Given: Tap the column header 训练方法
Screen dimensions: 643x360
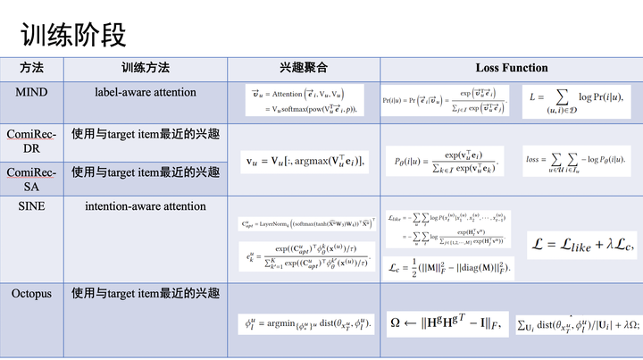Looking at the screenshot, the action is (146, 68).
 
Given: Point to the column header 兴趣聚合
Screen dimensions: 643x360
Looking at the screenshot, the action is (304, 68).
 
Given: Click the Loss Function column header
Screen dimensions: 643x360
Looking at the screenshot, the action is (511, 68).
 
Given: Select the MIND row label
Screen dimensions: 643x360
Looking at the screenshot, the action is (31, 91).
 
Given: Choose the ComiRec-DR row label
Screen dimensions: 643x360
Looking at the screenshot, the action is (31, 140).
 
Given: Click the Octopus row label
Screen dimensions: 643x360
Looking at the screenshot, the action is (32, 292).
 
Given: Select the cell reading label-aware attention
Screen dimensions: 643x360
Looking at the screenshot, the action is (146, 91).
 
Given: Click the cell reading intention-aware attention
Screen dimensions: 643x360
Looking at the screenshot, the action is (146, 205).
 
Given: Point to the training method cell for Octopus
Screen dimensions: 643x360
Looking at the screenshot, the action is (146, 292).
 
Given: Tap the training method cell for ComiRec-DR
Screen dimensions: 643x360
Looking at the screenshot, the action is (146, 133).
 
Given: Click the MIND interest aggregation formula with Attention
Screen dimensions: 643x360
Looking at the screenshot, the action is (304, 99).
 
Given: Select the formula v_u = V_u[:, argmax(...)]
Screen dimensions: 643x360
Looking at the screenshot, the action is (304, 162).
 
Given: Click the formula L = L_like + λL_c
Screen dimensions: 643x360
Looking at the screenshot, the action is (583, 242).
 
